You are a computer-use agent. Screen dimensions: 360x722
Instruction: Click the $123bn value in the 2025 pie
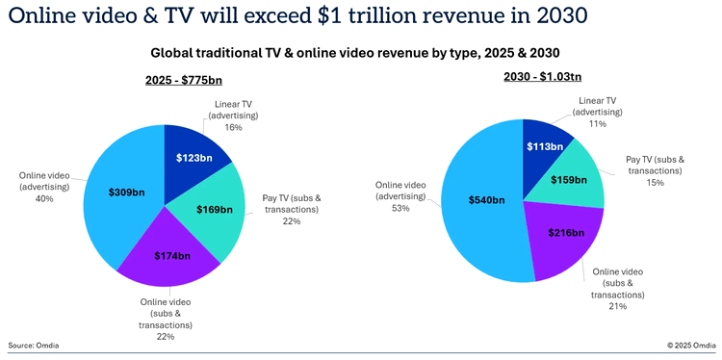coord(194,156)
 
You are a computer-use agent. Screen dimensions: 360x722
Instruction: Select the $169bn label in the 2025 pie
coord(213,209)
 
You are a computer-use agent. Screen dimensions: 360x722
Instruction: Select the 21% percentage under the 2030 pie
coord(616,306)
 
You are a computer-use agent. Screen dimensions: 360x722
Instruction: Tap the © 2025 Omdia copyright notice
coord(689,344)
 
